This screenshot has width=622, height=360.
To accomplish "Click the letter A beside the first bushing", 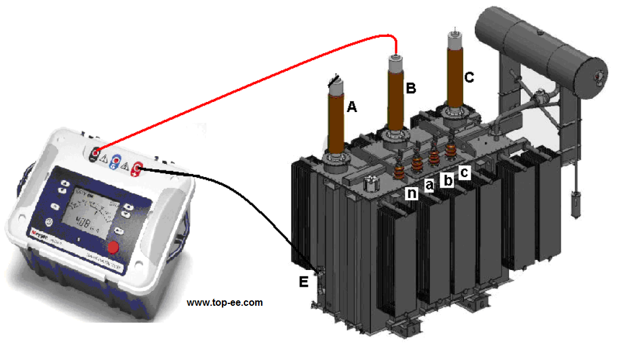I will coord(352,107).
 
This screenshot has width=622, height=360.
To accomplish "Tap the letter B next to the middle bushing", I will coord(410,88).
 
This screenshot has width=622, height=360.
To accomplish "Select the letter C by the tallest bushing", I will coord(469,77).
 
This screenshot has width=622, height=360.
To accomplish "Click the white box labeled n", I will coord(411,193).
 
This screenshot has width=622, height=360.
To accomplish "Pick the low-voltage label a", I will coord(428,186).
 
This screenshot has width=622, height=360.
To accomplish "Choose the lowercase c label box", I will coord(465,172).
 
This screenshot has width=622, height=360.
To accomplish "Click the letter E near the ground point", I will coord(304,282).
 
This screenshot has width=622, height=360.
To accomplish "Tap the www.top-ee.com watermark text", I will coord(225,303).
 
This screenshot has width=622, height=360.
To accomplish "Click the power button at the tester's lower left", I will coord(49,222).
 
